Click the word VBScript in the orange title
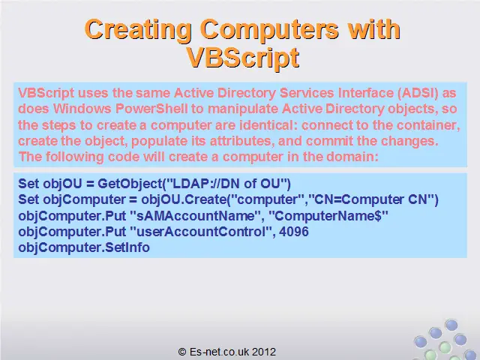tap(242, 58)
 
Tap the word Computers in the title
tap(269, 29)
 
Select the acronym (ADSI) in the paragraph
tap(418, 93)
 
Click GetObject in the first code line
tap(130, 184)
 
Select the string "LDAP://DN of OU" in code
tap(226, 183)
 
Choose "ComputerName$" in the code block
tap(328, 216)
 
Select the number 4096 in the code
tap(294, 232)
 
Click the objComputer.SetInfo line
tap(84, 247)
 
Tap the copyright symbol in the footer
tap(182, 352)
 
